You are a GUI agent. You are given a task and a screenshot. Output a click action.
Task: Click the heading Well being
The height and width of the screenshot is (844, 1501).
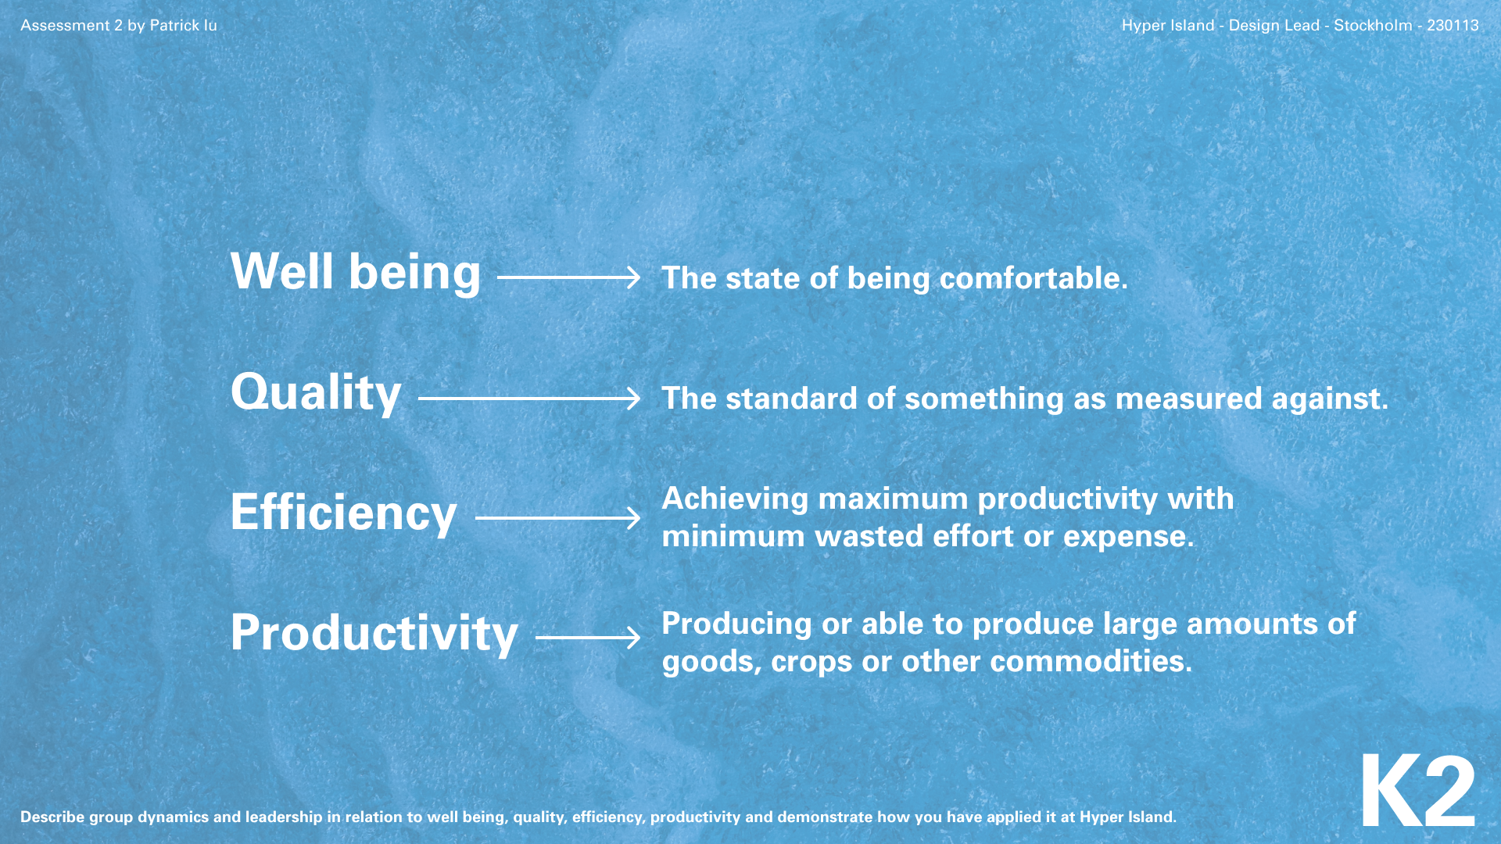[356, 273]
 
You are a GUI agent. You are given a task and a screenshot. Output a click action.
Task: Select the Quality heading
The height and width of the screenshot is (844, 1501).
[316, 393]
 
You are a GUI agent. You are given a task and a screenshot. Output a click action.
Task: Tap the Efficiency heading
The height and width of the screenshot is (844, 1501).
[343, 513]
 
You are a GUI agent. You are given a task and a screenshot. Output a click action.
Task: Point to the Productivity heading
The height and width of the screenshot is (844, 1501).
[374, 633]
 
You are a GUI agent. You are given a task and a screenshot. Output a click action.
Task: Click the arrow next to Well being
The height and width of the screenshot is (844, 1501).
[569, 277]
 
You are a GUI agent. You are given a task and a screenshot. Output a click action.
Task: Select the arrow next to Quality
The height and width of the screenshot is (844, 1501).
[529, 399]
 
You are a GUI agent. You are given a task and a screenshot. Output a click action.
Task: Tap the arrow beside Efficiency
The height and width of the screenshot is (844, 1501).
[558, 518]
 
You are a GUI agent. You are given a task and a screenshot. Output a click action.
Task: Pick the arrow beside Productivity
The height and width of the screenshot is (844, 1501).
[588, 638]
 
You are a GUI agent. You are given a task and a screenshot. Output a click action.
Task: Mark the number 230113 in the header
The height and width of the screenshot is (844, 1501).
[1453, 25]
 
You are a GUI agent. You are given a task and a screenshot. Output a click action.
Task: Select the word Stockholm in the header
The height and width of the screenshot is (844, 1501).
[1373, 25]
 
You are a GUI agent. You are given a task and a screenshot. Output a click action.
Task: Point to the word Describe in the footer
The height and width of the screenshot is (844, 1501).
[52, 817]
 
